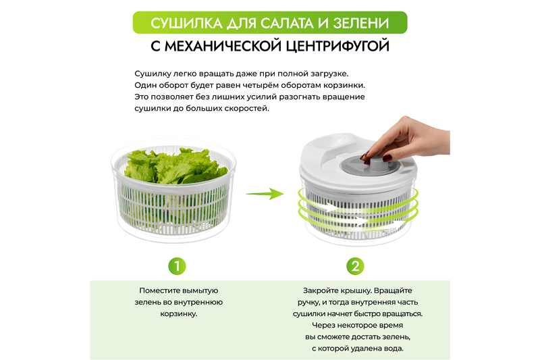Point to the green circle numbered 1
pos(177,266)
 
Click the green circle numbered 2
pos(355,266)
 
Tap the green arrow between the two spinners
pos(265,194)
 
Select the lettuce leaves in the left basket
pos(175,165)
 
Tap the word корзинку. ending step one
pos(179,314)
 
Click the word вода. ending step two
pos(394,349)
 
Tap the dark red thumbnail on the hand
pos(387,158)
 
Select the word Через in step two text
pos(323,325)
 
